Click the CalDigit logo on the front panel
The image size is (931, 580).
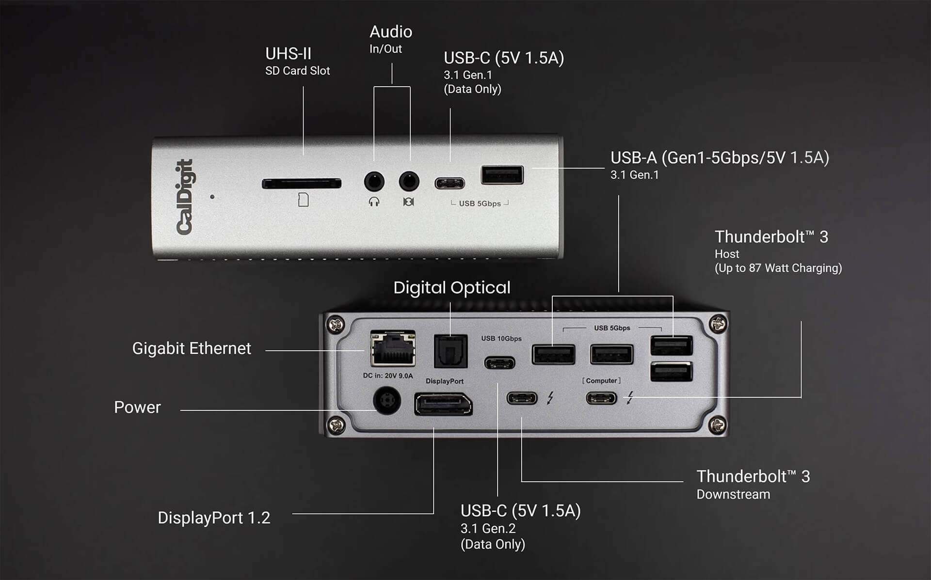185,197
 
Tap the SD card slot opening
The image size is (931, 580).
301,184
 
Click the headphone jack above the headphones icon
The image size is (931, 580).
374,182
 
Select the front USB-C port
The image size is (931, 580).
449,183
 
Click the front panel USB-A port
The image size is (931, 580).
502,175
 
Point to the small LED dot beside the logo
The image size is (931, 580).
212,197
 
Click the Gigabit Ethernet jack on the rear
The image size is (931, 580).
393,348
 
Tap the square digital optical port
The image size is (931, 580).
450,351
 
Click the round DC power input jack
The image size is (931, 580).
386,400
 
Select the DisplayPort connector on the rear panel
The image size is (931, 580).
443,405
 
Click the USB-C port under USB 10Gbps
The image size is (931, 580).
500,362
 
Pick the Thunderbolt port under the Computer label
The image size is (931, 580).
601,398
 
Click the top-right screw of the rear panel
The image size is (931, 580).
718,323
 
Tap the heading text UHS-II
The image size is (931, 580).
288,54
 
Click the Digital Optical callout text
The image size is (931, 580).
451,288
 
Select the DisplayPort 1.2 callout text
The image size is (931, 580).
214,518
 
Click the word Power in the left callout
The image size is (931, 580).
137,408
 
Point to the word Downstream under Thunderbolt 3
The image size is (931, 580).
733,495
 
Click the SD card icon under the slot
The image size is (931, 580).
303,200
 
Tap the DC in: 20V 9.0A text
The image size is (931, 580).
388,376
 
